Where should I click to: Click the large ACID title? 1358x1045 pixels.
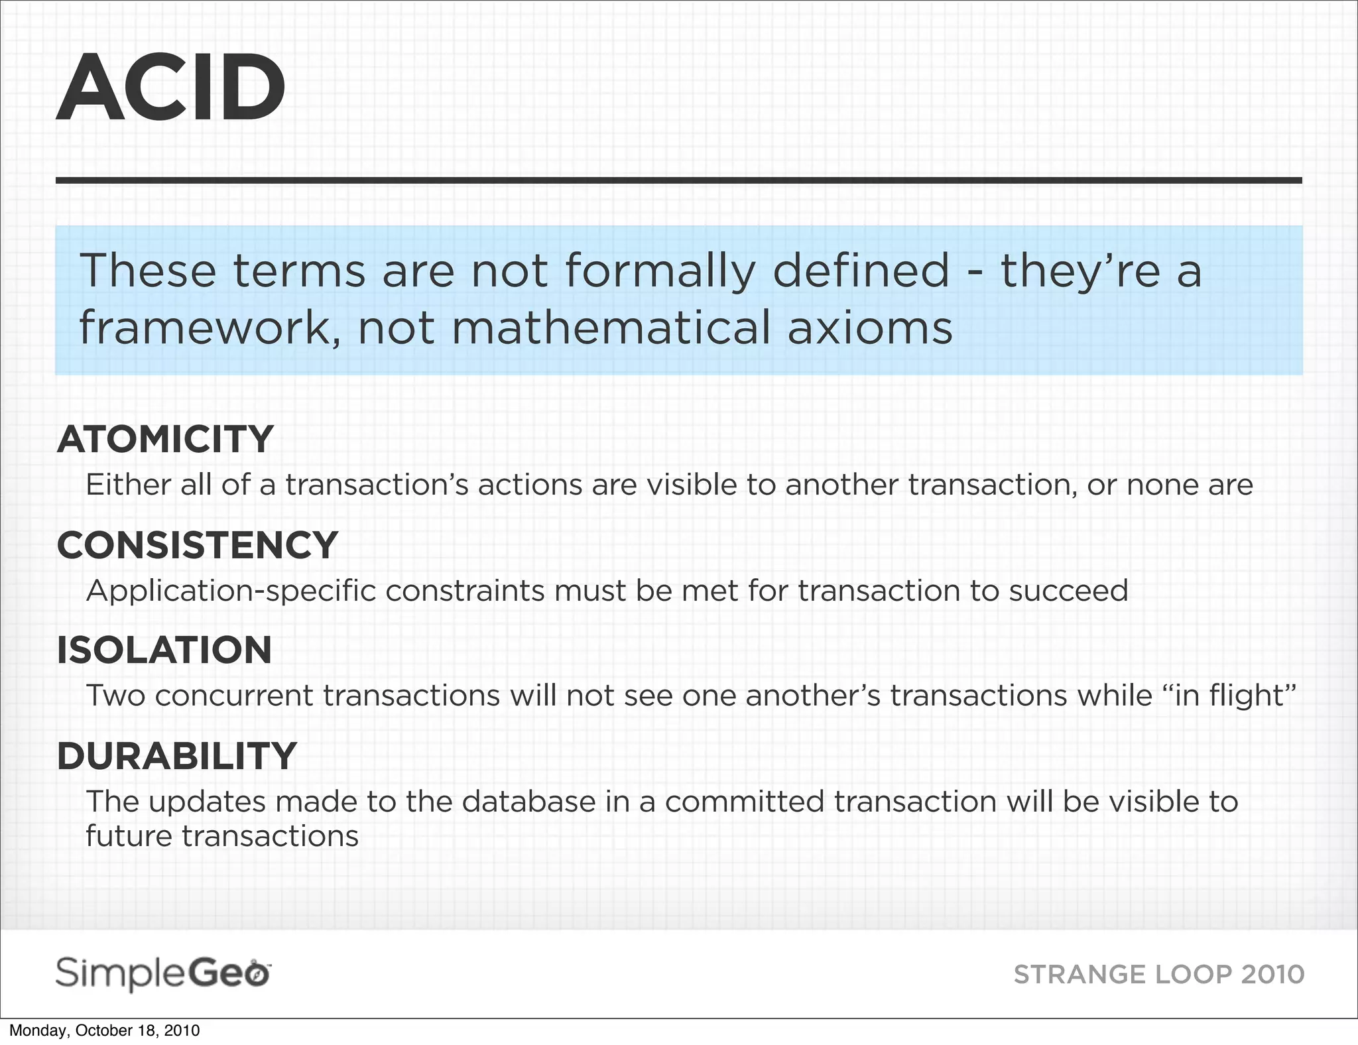(x=171, y=88)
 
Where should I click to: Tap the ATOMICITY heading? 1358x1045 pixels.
(x=165, y=439)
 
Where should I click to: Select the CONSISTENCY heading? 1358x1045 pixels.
(x=198, y=545)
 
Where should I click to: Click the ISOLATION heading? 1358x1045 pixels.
(x=164, y=650)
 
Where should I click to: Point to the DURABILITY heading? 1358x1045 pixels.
(x=176, y=756)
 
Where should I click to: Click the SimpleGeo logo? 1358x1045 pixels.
(x=163, y=974)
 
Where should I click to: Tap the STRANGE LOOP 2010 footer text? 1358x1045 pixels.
(x=1158, y=975)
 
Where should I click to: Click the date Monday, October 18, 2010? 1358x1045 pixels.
(x=104, y=1030)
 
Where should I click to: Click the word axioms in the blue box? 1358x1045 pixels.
(x=870, y=328)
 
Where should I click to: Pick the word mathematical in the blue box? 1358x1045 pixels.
(x=611, y=328)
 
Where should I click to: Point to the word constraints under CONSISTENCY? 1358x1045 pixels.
(x=464, y=590)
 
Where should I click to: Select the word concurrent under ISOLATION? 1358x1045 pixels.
(x=234, y=696)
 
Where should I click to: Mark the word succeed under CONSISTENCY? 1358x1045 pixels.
(x=1068, y=590)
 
